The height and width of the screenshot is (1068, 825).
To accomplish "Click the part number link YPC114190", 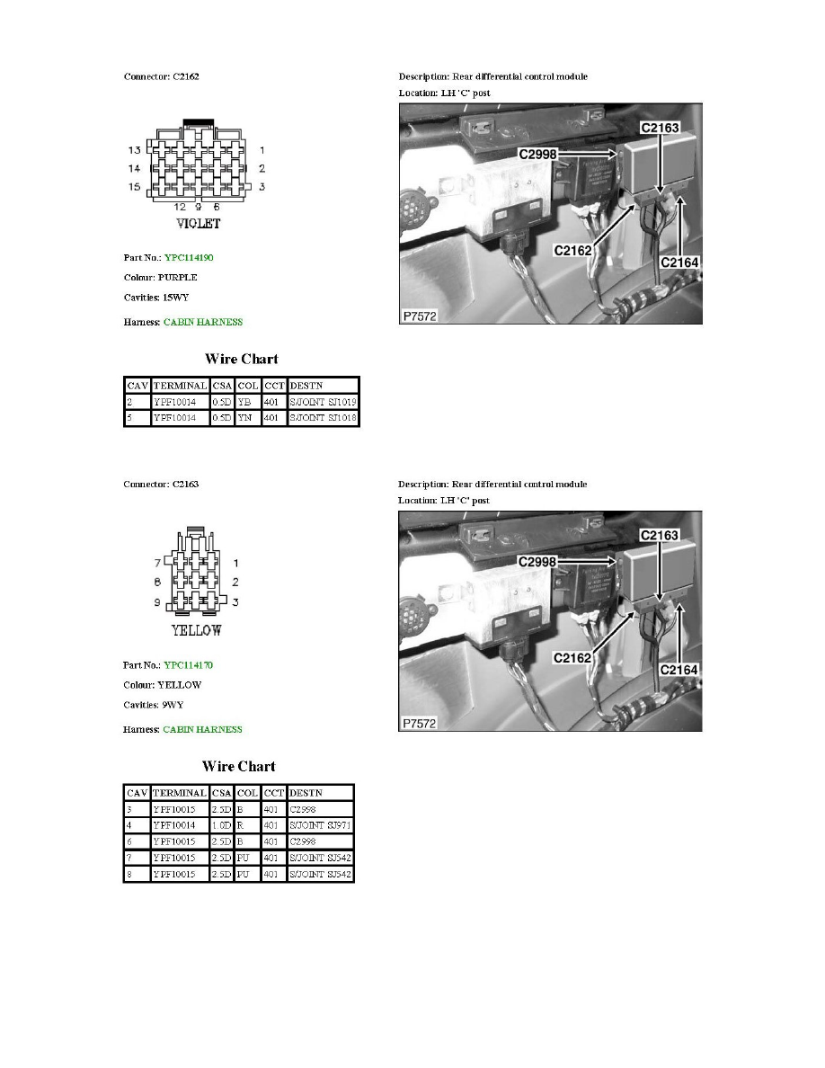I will [188, 258].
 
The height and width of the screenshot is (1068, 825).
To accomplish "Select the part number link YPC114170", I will [188, 665].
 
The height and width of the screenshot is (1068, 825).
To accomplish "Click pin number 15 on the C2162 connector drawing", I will [134, 187].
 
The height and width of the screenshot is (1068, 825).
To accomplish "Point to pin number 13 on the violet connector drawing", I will [134, 149].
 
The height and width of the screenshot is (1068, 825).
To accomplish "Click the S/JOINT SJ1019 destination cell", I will [323, 402].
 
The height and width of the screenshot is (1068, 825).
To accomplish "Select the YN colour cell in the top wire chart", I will [247, 419].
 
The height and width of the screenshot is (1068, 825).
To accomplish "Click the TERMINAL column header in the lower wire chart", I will [180, 792].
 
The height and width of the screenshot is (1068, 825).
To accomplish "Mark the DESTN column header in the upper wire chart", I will [306, 385].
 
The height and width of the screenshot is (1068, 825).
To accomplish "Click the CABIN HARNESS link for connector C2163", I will [202, 729].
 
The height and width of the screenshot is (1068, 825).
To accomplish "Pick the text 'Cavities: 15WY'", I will [157, 298].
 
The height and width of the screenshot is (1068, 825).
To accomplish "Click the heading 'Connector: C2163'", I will [161, 484].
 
